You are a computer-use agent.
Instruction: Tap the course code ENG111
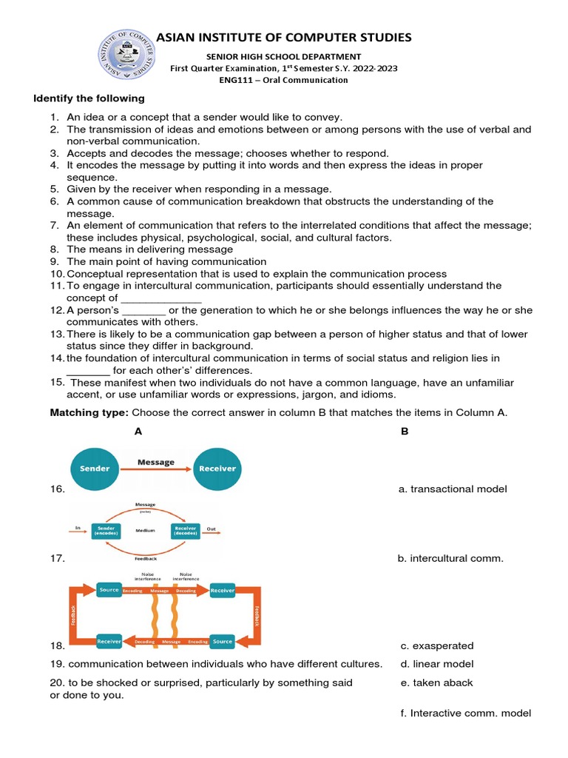tap(234, 80)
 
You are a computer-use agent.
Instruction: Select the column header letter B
tap(404, 432)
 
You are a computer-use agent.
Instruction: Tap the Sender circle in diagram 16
tap(95, 469)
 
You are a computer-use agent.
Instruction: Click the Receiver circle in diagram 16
tap(217, 469)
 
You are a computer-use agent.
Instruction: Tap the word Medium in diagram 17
tap(145, 531)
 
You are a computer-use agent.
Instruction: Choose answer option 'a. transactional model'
tap(453, 489)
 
